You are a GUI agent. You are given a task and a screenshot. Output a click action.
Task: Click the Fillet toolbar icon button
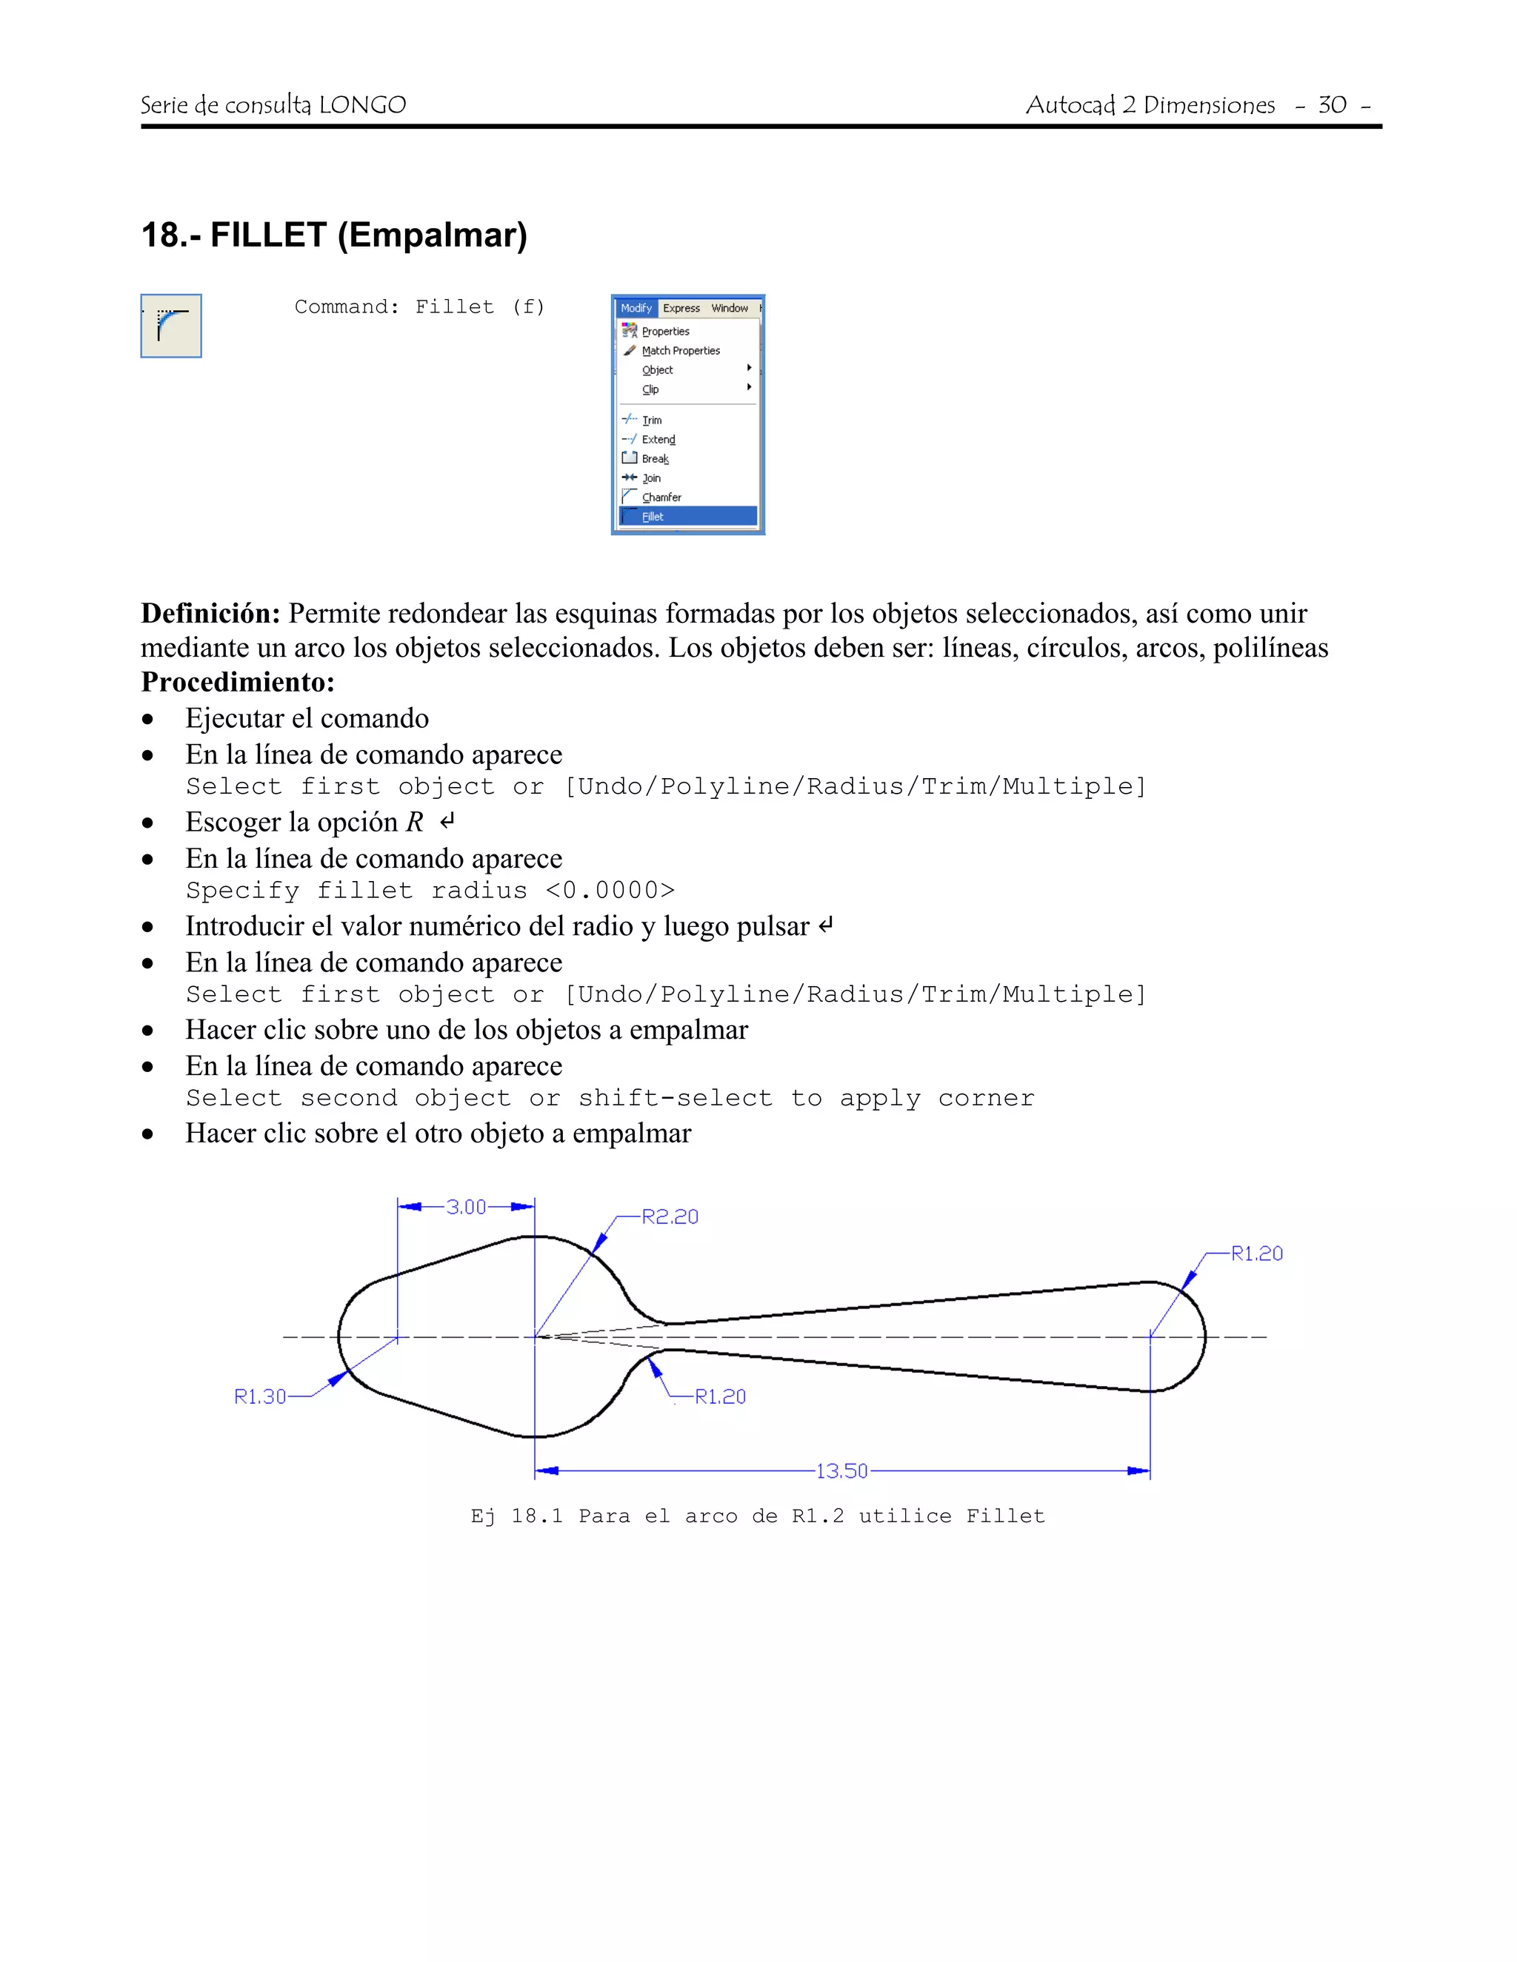171,325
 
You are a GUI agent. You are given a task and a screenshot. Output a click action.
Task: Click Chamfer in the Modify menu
661,497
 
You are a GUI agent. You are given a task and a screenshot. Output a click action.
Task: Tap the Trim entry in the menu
652,420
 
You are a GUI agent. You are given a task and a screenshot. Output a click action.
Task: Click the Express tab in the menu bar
681,308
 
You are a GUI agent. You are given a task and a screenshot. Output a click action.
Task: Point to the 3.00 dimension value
467,1207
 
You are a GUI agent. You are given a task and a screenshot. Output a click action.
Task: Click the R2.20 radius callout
670,1216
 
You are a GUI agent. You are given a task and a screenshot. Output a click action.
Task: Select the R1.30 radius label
260,1396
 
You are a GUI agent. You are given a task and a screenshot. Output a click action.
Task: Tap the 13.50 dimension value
842,1470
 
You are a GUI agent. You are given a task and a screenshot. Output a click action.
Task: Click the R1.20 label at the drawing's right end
1256,1253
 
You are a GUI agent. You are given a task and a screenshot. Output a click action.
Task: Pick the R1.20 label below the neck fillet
721,1396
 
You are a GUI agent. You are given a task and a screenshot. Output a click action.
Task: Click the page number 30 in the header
1332,105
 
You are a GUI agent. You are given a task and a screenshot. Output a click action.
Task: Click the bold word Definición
210,614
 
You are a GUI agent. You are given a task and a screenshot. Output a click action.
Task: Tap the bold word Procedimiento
237,682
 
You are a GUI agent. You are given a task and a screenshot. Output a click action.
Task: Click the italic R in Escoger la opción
414,822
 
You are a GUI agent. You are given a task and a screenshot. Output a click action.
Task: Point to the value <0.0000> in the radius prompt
610,890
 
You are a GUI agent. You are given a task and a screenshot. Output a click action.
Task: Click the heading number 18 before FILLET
160,235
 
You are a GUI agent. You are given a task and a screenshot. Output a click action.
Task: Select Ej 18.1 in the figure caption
517,1516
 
